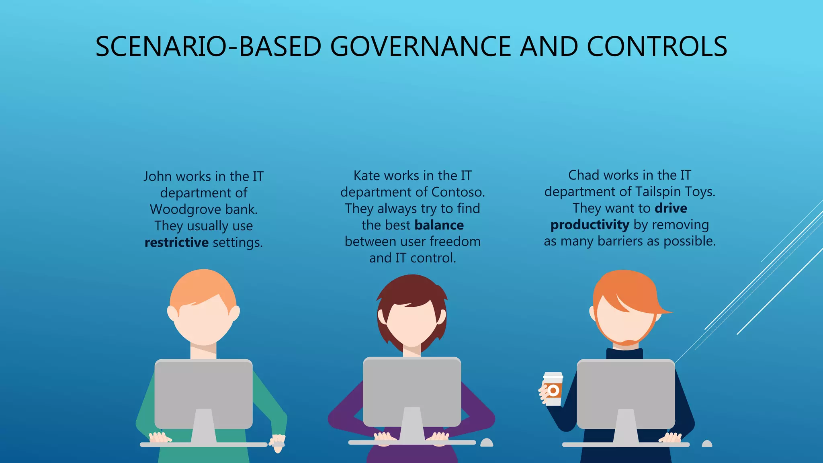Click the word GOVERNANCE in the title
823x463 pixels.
pos(420,47)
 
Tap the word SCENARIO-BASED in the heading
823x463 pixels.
pos(208,47)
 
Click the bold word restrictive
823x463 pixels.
pos(176,242)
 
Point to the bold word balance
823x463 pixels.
pos(439,225)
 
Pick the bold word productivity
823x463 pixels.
pos(590,225)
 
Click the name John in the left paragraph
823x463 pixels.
pos(158,176)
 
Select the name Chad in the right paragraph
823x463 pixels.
pos(583,175)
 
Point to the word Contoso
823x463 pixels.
pos(458,192)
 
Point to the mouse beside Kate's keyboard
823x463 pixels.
pos(487,443)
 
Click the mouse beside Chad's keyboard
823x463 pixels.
pos(707,443)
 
